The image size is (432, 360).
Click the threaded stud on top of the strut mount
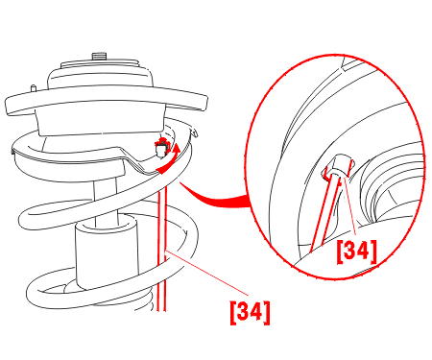(99, 57)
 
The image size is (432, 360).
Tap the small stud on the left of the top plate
(33, 88)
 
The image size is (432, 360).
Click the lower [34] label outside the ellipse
(250, 313)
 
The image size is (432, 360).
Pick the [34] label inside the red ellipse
(356, 252)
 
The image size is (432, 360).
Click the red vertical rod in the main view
(161, 250)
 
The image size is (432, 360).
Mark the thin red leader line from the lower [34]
(207, 273)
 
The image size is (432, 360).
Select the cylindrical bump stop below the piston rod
(107, 252)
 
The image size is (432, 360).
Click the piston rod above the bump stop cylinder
(105, 200)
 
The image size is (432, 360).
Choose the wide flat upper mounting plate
(107, 100)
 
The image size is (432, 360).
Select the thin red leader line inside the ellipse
(349, 208)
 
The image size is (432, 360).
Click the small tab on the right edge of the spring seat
(194, 132)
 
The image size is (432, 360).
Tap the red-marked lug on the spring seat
(161, 148)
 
